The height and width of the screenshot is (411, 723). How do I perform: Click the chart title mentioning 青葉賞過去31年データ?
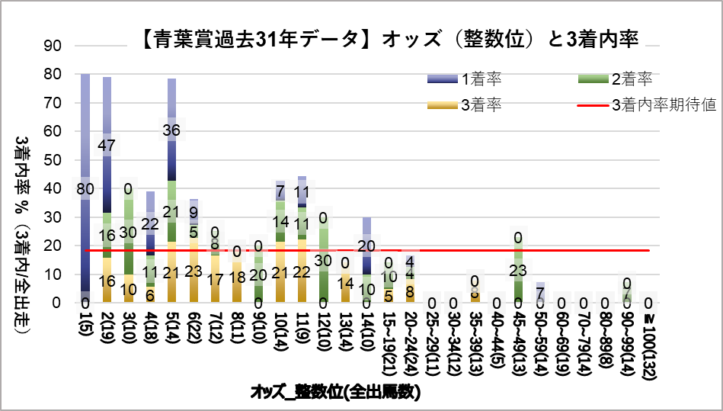(x=389, y=38)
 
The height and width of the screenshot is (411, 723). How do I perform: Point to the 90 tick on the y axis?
(x=51, y=46)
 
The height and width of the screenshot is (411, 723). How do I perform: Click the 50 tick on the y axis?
(x=51, y=160)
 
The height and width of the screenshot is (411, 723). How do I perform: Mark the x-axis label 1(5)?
(x=85, y=323)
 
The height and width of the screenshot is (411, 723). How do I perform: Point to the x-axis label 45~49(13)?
(x=519, y=336)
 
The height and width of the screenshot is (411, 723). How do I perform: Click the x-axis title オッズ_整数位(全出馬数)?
(x=336, y=392)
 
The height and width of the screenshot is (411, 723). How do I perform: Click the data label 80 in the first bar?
(x=85, y=188)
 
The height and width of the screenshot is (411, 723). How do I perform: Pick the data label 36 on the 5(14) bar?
(x=172, y=130)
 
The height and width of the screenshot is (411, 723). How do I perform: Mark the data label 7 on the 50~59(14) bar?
(x=540, y=293)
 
